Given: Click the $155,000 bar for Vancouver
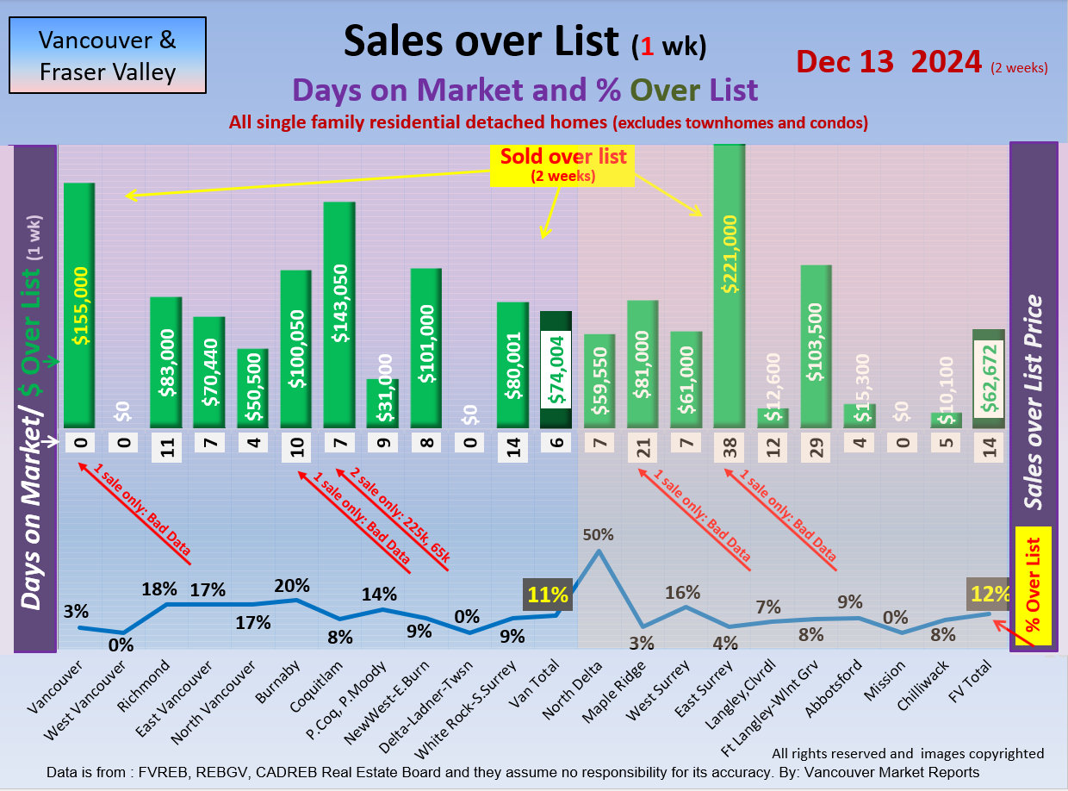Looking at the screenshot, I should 79,306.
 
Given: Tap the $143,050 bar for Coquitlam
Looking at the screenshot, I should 339,315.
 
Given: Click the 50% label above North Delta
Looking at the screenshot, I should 598,534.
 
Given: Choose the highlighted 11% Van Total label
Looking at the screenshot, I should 549,595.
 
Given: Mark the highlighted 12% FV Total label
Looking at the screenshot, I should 987,594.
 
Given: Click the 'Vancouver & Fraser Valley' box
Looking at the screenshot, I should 108,55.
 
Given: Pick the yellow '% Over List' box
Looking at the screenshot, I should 1034,586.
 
